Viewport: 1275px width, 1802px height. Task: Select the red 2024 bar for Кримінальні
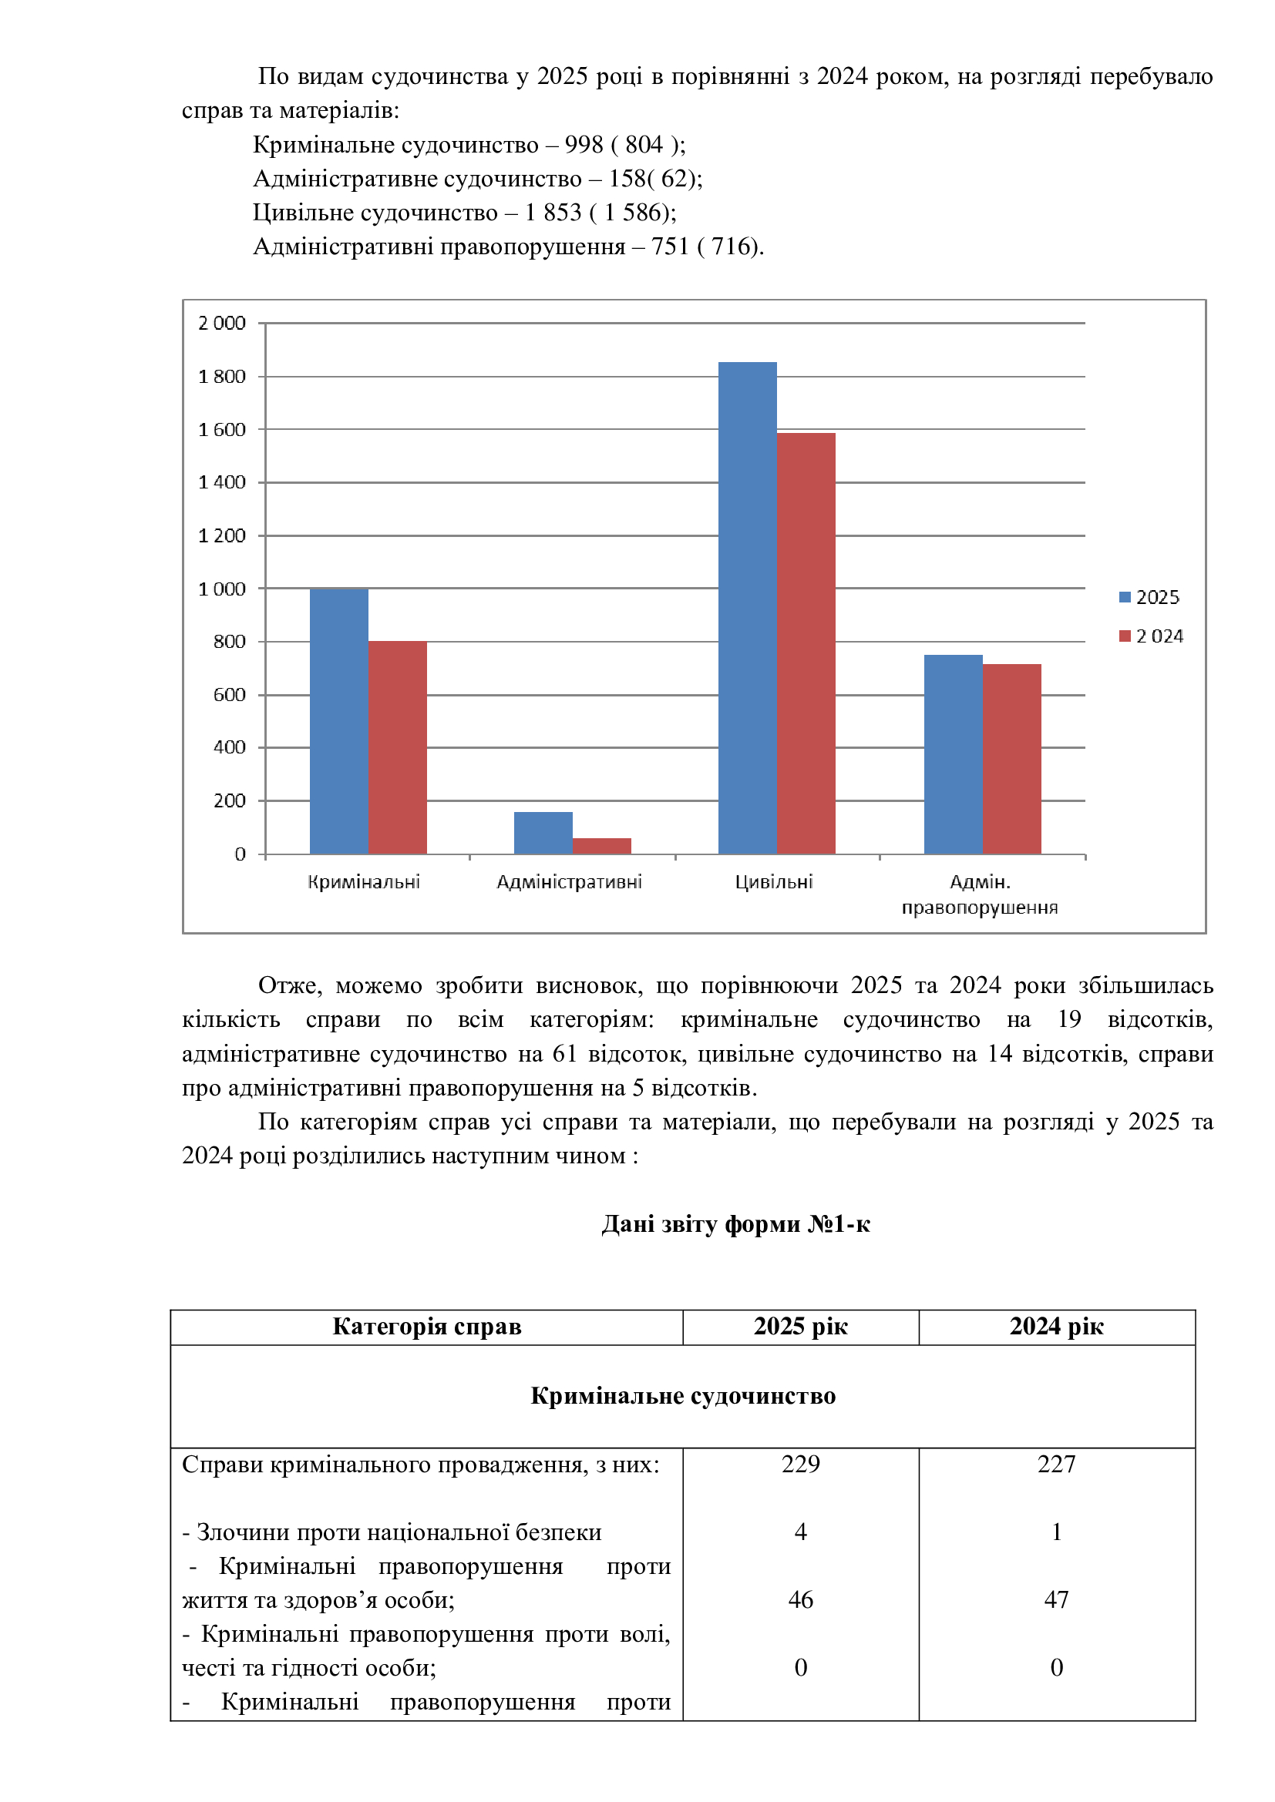tap(397, 747)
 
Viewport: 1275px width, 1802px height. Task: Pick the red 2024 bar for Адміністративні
tap(601, 845)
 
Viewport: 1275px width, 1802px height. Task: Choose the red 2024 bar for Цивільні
tap(806, 643)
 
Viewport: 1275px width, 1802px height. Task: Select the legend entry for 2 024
tap(1150, 636)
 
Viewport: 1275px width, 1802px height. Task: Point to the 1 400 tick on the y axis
tap(222, 482)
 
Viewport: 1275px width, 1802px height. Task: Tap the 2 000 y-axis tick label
tap(222, 323)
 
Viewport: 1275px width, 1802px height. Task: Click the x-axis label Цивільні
tap(773, 882)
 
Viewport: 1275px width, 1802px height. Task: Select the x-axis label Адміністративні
tap(569, 882)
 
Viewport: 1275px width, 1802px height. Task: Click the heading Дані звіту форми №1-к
tap(735, 1223)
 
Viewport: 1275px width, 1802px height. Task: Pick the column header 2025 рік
tap(800, 1326)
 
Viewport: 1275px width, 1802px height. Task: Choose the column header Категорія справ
tap(426, 1326)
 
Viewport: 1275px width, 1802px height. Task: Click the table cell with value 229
tap(800, 1464)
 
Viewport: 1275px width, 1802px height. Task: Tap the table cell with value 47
tap(1056, 1599)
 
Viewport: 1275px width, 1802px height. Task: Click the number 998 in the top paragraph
tap(584, 144)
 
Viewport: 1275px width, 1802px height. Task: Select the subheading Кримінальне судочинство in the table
tap(682, 1395)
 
